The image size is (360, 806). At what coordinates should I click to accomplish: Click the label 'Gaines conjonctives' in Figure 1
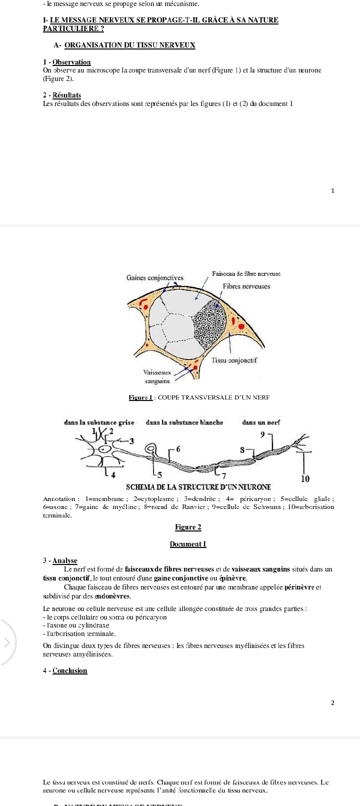[155, 277]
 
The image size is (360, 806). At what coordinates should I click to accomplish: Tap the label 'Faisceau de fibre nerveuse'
[246, 274]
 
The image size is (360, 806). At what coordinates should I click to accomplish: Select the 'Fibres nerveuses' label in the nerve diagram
[246, 286]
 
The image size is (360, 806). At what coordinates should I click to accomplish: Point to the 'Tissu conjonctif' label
[234, 360]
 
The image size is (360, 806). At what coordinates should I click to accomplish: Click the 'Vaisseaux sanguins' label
[157, 376]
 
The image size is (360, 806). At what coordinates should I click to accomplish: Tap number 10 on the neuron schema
[305, 478]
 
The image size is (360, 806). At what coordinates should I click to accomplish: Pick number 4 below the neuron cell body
[113, 474]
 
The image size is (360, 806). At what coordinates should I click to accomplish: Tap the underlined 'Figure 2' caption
[188, 527]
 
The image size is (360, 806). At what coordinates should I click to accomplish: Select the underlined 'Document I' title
[188, 544]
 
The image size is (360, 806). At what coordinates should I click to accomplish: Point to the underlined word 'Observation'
[71, 62]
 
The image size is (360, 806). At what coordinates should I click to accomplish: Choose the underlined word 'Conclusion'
[70, 670]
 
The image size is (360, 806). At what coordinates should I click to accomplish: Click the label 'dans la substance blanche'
[184, 422]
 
